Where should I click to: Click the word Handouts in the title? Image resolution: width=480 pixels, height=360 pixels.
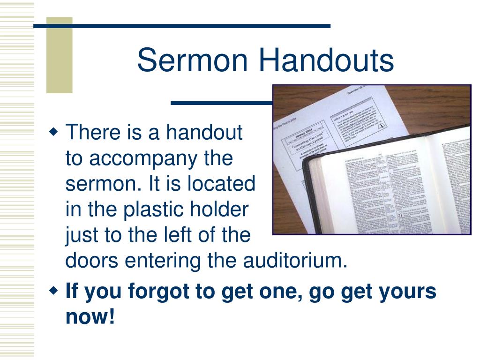326,61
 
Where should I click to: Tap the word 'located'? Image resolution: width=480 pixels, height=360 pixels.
221,184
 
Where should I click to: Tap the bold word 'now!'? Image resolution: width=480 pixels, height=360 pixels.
90,317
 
